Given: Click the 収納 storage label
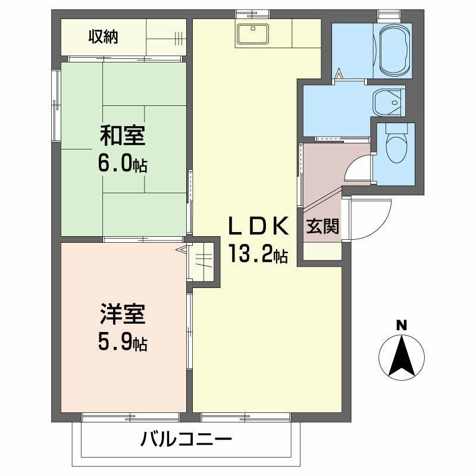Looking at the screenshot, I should point(104,37).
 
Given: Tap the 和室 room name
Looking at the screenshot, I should point(122,136).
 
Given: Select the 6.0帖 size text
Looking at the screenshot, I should point(122,164).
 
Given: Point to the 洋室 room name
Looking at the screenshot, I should point(122,314).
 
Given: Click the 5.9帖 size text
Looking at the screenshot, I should point(122,342).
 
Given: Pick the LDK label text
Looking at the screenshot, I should point(259,227).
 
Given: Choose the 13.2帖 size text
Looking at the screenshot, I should point(259,255).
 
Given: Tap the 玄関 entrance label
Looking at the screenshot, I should point(323,227).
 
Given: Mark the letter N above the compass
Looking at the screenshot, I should point(402,325).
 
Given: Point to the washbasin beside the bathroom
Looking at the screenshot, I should point(387,102).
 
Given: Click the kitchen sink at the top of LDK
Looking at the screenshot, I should point(253,34).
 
